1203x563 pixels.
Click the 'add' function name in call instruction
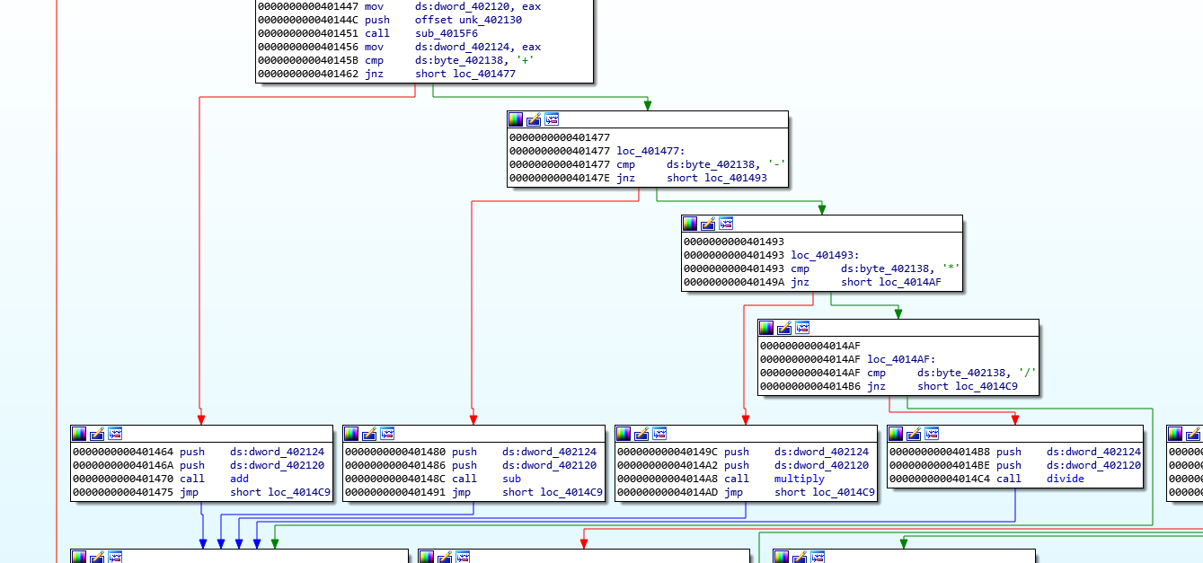[239, 479]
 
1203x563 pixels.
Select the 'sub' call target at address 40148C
[511, 479]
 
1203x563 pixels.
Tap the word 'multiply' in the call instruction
[799, 479]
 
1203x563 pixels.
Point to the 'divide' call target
[1065, 479]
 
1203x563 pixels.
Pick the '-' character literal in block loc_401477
[776, 164]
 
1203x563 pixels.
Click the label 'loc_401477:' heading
[650, 152]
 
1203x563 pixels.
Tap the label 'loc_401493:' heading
[825, 256]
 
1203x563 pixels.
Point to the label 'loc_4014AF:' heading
[900, 359]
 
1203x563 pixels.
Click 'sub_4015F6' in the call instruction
[446, 33]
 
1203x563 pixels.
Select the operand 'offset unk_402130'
[468, 20]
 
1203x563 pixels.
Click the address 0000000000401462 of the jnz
[308, 74]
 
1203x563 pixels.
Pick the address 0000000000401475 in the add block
[123, 492]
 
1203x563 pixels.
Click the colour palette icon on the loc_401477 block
[516, 119]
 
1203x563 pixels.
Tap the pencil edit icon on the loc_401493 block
[708, 224]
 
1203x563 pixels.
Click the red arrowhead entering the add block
[201, 419]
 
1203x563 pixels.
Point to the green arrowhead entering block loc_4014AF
[898, 313]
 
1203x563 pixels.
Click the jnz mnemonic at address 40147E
[625, 178]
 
